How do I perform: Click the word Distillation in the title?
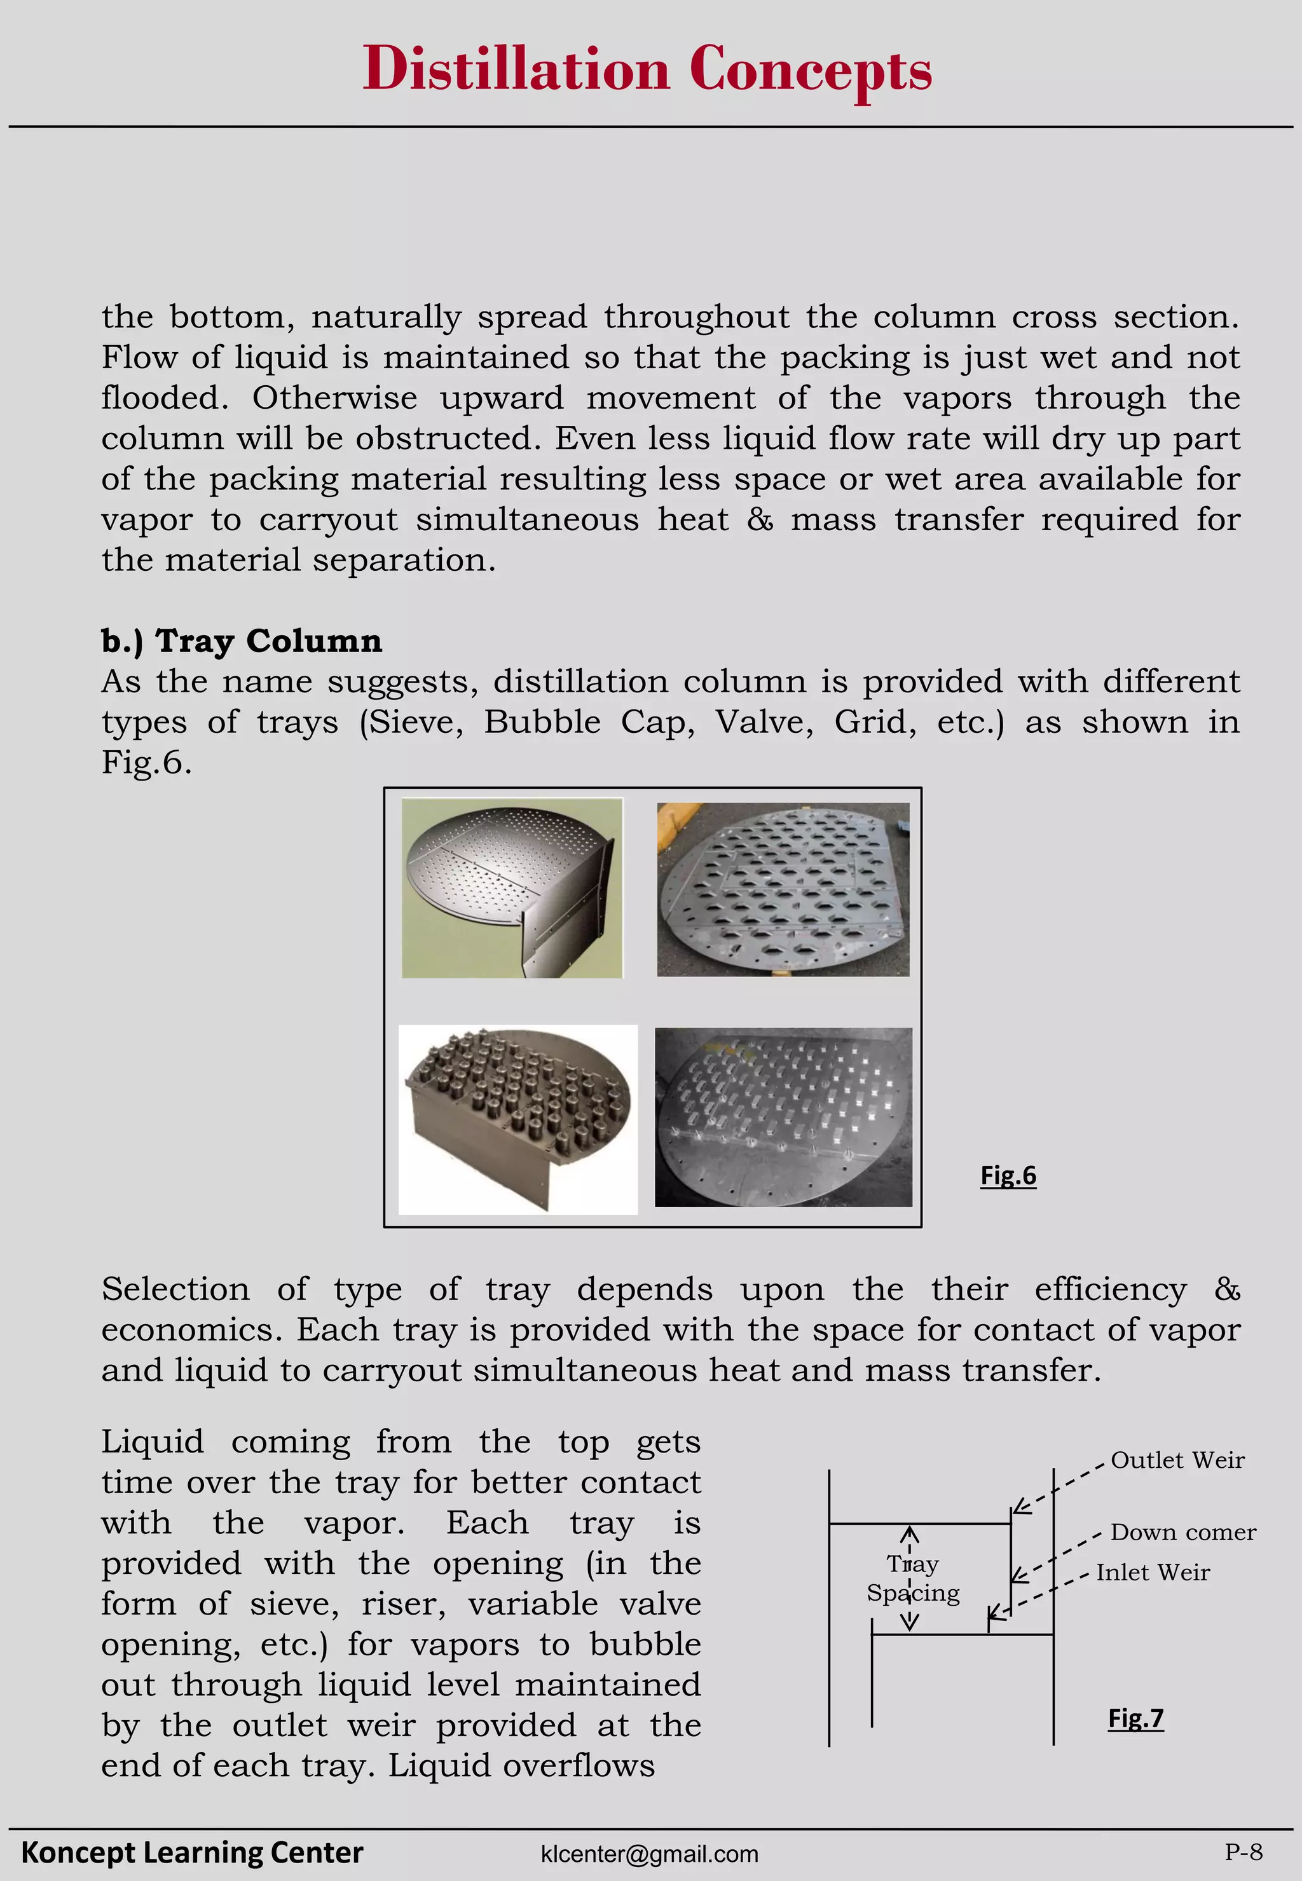[516, 69]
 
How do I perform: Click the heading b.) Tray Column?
[242, 641]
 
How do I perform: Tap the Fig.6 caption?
[1008, 1175]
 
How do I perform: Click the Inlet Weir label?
[1152, 1573]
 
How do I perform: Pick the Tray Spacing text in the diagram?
[913, 1578]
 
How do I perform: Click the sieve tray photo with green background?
[512, 887]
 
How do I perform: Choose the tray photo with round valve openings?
[783, 889]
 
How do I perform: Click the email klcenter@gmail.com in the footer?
[649, 1854]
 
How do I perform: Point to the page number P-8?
[1244, 1852]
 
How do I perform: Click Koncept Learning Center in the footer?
[192, 1852]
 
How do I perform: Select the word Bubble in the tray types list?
[542, 723]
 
